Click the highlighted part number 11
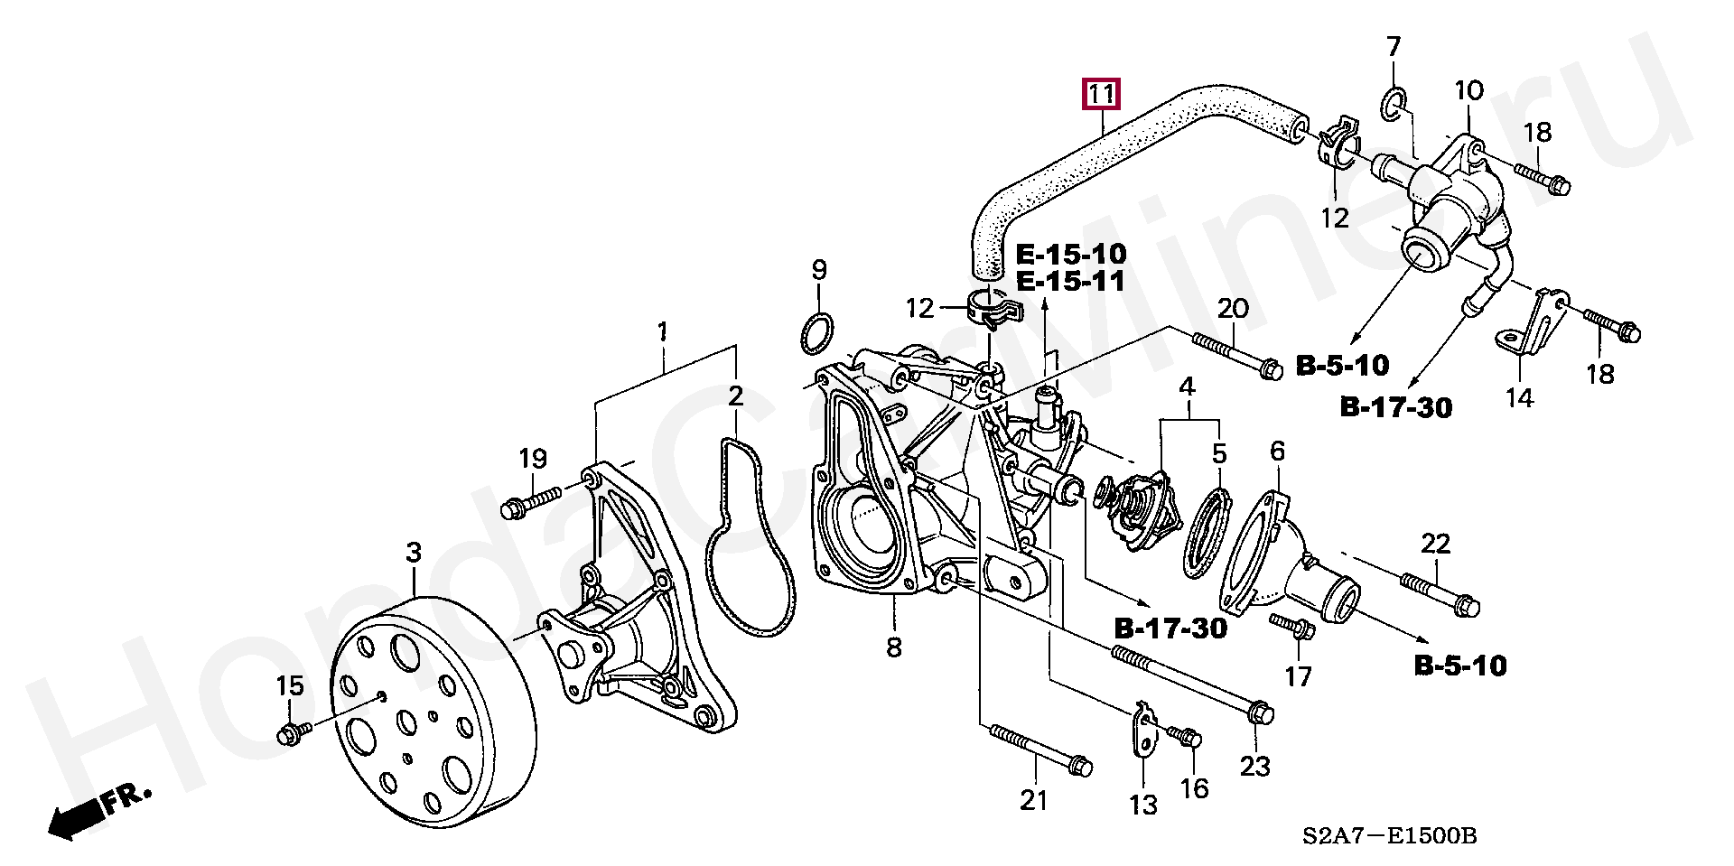point(1102,95)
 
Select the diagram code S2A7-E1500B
point(1389,836)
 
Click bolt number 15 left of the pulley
point(294,732)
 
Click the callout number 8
point(893,647)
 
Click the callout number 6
point(1276,452)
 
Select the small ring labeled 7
point(1393,106)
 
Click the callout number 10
point(1468,90)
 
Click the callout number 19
point(533,459)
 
